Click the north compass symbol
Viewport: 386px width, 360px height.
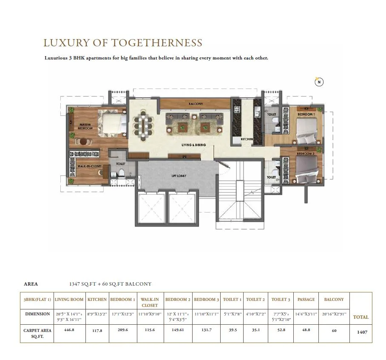(x=319, y=82)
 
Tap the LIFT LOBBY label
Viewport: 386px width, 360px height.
(x=178, y=176)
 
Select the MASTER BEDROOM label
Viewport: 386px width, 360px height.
(x=85, y=126)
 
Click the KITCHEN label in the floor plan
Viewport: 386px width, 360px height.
(x=247, y=139)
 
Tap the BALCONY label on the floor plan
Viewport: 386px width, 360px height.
(x=196, y=104)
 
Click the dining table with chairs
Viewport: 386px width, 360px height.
(x=143, y=125)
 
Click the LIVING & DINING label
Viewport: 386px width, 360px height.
(x=194, y=145)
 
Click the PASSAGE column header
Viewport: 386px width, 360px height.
(x=306, y=300)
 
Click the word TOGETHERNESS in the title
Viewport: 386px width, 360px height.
(x=156, y=43)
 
